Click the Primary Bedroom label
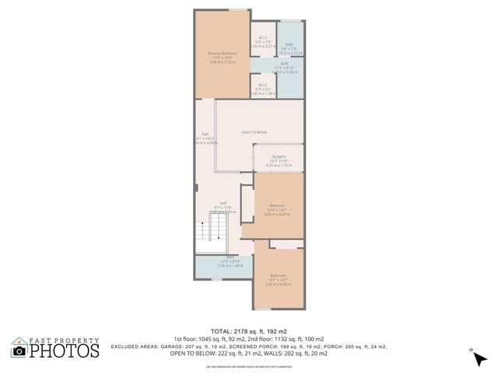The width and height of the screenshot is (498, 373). click(221, 53)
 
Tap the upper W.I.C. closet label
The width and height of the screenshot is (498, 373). click(263, 37)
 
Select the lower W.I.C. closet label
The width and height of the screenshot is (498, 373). click(263, 86)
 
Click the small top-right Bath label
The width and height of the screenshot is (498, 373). click(289, 44)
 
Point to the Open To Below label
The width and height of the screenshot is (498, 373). click(254, 132)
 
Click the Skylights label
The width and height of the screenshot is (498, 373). click(279, 156)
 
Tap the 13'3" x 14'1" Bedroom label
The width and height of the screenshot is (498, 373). click(277, 206)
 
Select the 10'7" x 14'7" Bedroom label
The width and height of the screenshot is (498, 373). click(278, 276)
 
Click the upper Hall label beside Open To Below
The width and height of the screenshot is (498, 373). click(205, 133)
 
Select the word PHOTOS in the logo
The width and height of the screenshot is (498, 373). click(65, 351)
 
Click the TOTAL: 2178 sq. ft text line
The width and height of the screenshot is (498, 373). click(249, 330)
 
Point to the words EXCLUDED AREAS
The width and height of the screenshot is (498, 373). click(135, 345)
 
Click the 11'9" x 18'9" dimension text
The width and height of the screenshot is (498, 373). click(221, 58)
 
